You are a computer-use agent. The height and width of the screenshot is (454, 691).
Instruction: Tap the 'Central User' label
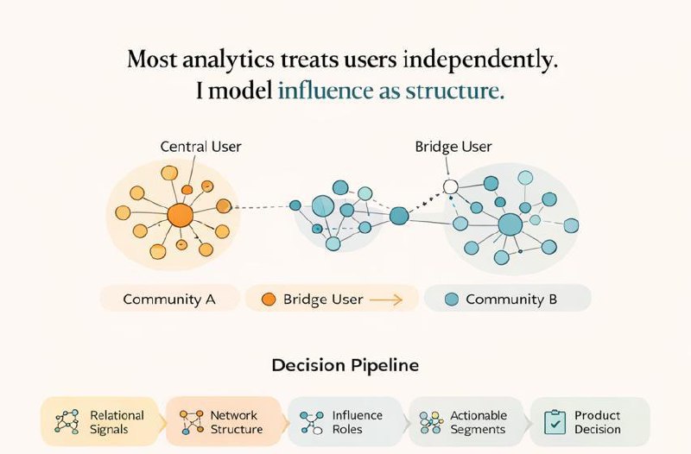pyautogui.click(x=201, y=147)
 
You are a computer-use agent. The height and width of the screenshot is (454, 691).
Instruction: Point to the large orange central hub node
pyautogui.click(x=180, y=215)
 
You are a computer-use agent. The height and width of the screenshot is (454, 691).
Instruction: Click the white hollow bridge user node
pyautogui.click(x=449, y=186)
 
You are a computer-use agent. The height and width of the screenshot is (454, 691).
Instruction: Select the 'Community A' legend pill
pyautogui.click(x=169, y=300)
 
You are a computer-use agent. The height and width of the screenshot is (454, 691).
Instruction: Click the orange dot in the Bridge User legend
pyautogui.click(x=268, y=300)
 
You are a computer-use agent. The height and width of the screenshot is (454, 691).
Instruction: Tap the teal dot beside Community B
pyautogui.click(x=450, y=300)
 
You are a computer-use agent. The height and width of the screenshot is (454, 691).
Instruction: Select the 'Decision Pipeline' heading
pyautogui.click(x=345, y=365)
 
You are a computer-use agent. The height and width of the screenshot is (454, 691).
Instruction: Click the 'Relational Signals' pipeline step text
pyautogui.click(x=117, y=422)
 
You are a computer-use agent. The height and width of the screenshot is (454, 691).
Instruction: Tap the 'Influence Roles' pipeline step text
pyautogui.click(x=358, y=422)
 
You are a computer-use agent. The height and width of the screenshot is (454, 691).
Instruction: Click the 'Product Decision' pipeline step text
pyautogui.click(x=598, y=422)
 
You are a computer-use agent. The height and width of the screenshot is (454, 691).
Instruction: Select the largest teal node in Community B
pyautogui.click(x=510, y=224)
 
